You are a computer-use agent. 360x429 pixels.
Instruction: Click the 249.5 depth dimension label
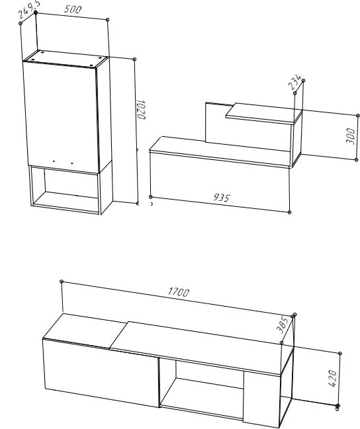click(29, 9)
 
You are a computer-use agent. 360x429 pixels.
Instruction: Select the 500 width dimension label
click(73, 9)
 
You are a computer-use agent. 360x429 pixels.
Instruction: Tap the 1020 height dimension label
click(141, 110)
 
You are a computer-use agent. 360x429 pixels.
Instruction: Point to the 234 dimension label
click(294, 82)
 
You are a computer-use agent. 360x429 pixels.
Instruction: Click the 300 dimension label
click(351, 136)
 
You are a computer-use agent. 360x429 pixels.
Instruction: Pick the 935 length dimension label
click(222, 197)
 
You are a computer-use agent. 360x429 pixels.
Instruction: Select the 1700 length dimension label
click(179, 292)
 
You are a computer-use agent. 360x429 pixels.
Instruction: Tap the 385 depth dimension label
click(283, 325)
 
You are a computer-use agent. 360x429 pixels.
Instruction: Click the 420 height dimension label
click(332, 378)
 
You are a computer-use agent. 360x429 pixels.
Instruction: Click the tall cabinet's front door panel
click(61, 117)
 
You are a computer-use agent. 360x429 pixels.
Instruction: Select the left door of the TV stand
click(101, 373)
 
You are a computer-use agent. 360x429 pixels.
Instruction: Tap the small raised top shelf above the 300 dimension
click(264, 114)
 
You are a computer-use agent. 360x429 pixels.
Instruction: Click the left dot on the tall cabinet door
click(54, 161)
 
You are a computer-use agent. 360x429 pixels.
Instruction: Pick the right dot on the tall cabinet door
click(72, 163)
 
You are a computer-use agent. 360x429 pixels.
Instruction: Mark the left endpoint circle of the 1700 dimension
click(62, 282)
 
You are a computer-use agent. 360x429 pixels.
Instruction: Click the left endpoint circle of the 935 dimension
click(150, 197)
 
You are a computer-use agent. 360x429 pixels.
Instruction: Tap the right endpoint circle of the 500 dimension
click(107, 20)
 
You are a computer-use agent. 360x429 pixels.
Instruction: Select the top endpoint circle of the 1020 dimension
click(134, 59)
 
